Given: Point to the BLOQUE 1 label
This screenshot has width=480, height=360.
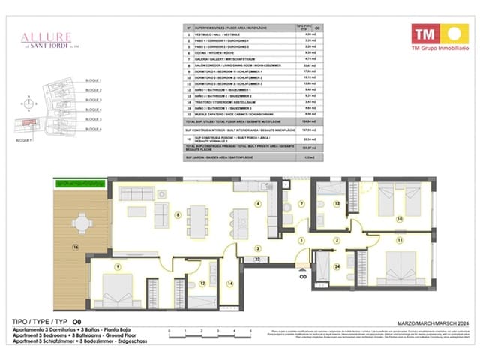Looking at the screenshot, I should [93, 79].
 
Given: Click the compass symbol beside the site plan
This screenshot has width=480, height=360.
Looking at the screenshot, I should [28, 103].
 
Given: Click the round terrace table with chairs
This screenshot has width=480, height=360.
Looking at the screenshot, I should [81, 223].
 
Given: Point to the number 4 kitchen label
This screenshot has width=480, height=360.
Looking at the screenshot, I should [257, 203].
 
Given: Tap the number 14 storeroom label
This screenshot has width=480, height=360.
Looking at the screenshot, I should [229, 283].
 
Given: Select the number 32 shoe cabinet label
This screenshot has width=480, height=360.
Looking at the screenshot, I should [257, 259].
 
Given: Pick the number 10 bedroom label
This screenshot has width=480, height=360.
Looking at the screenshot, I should [399, 219].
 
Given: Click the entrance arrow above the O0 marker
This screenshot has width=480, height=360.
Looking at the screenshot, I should [302, 266].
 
